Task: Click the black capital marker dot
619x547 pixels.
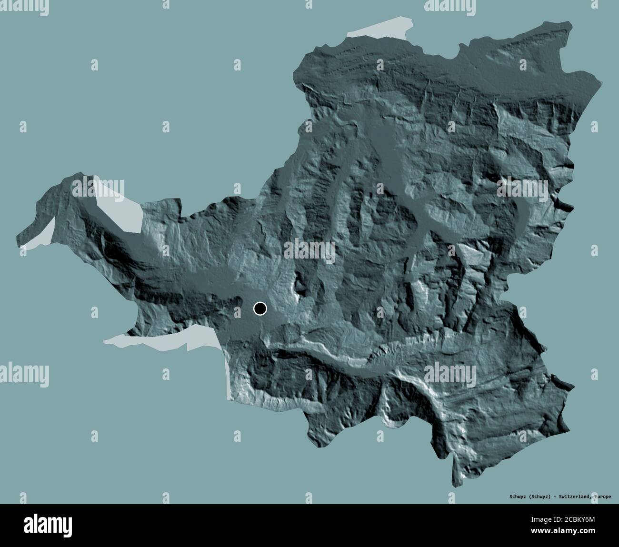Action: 260,309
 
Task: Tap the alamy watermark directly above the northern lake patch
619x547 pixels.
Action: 450,6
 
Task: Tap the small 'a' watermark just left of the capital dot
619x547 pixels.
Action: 238,310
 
